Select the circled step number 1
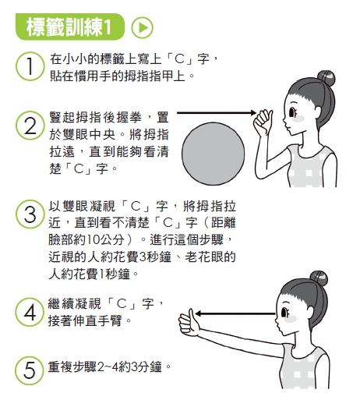click(x=30, y=67)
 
